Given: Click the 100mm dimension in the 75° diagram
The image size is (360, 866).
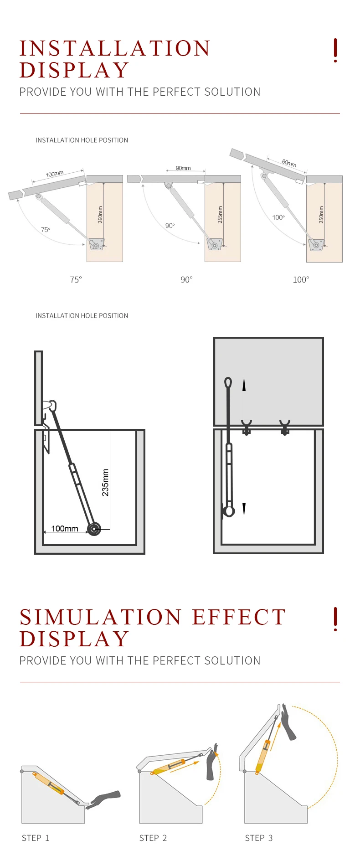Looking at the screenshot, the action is pos(54,174).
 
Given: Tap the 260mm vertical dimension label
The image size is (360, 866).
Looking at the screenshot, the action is pos(100,214).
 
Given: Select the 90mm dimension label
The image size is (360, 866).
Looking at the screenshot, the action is pos(183,168).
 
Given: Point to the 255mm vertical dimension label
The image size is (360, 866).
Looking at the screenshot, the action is pos(220,214).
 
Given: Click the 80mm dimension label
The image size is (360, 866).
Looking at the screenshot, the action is pos(289,162).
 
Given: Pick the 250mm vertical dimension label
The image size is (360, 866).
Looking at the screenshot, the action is pos(321,214).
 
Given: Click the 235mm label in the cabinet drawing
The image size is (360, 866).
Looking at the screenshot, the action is pos(106,482).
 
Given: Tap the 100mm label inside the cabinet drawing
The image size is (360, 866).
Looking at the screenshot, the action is pos(65,528).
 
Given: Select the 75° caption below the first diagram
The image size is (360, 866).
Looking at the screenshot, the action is pos(76,279).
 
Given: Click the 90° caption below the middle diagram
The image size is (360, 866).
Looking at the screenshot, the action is pos(186,279).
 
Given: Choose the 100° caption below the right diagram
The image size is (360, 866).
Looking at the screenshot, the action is pos(301,279).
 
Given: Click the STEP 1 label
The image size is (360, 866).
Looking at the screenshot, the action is pos(36,838).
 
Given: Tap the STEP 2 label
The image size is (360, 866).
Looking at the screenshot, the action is pos(153,838).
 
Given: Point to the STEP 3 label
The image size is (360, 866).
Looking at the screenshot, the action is pos(259,838).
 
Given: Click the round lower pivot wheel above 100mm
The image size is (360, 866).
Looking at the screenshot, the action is pos(94,529).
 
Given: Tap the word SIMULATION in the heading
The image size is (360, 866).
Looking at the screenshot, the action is pos(101,617).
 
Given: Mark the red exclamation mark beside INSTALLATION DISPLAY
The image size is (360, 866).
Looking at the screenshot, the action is pos(335,50).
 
